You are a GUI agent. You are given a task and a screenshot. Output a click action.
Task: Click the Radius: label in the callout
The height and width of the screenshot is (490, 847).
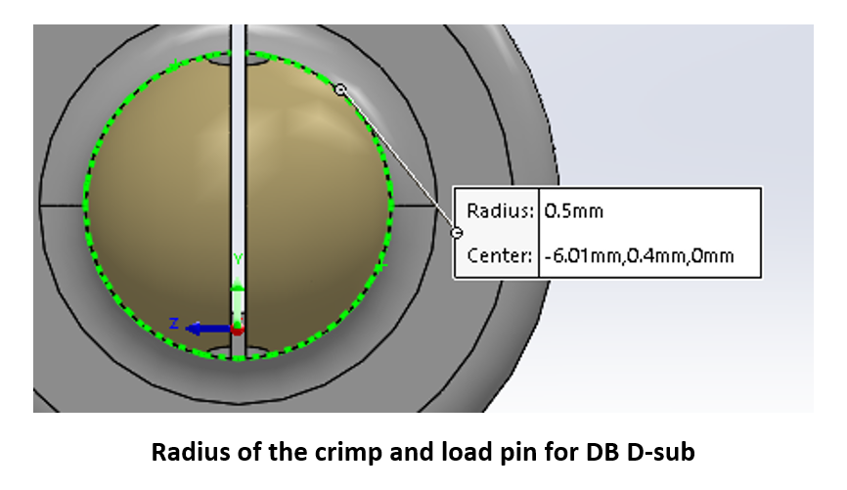(500, 210)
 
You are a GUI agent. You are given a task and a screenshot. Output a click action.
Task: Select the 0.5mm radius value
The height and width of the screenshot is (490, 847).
(574, 210)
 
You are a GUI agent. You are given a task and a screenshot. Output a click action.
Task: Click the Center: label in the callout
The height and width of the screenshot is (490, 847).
(500, 255)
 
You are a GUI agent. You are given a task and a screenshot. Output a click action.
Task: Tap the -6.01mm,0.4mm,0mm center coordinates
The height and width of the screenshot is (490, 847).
(639, 255)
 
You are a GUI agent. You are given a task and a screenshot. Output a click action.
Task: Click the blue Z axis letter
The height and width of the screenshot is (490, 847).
(173, 324)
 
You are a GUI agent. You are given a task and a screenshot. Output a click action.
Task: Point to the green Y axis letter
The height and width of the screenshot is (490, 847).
(238, 259)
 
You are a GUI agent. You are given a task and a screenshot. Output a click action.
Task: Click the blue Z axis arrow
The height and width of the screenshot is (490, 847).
(208, 329)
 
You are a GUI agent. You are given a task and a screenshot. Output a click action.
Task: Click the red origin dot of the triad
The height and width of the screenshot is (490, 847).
(237, 329)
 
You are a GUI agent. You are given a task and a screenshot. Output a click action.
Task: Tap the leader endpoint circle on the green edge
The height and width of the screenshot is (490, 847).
(340, 90)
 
